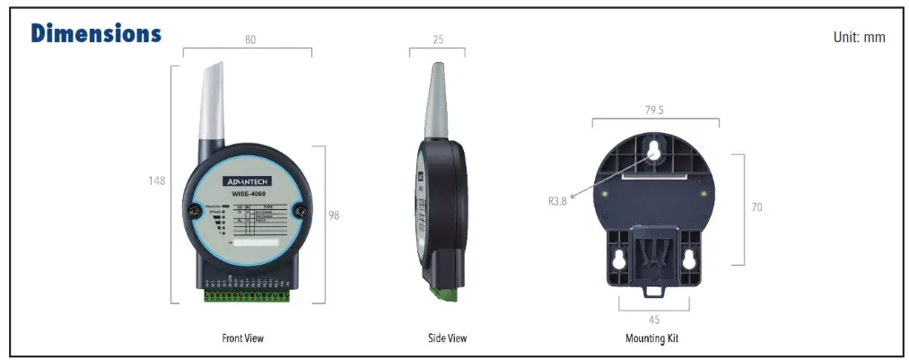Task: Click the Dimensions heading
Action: (96, 33)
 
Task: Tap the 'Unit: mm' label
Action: (860, 38)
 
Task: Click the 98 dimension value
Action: (333, 215)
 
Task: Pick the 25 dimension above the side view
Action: (437, 40)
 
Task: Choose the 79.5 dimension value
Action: (653, 110)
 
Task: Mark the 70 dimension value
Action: (756, 207)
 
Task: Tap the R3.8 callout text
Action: (557, 201)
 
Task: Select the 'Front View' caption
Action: (243, 338)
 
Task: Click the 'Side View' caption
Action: (447, 338)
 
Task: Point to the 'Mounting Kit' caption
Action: (652, 338)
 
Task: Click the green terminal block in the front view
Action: (247, 294)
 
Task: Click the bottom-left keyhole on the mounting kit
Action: (618, 259)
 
